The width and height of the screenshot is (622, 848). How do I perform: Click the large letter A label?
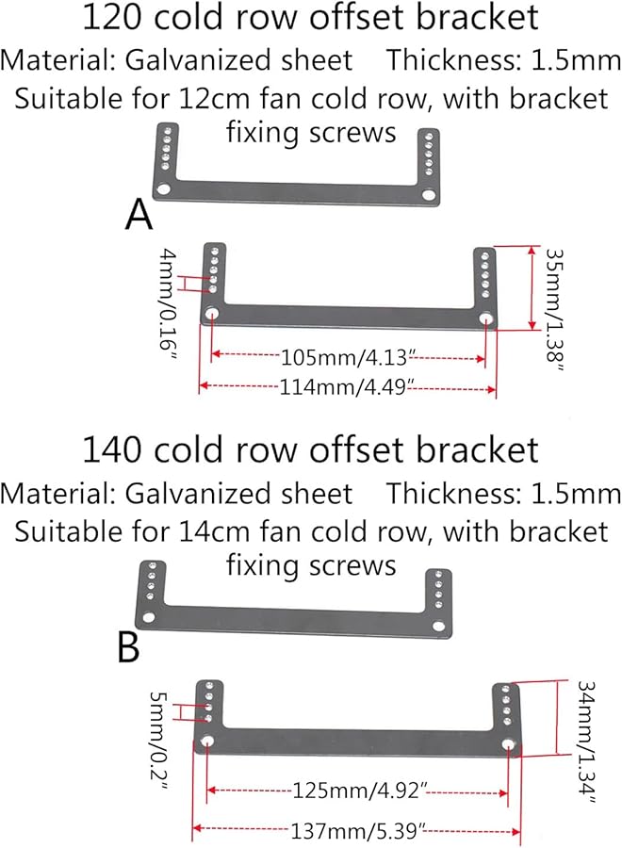[139, 214]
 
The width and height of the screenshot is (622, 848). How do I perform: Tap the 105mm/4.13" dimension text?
[348, 357]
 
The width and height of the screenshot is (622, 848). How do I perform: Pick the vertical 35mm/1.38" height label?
[555, 310]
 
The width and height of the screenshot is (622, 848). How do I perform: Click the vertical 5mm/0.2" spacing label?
[158, 741]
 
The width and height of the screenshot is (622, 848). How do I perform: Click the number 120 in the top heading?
[112, 17]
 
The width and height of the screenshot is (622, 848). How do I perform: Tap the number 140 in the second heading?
[112, 450]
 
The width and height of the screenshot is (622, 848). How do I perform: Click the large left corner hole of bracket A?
[162, 189]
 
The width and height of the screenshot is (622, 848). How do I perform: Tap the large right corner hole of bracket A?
[429, 194]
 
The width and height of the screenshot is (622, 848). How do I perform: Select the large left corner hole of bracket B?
[148, 617]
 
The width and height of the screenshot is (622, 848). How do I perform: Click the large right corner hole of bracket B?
[438, 626]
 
